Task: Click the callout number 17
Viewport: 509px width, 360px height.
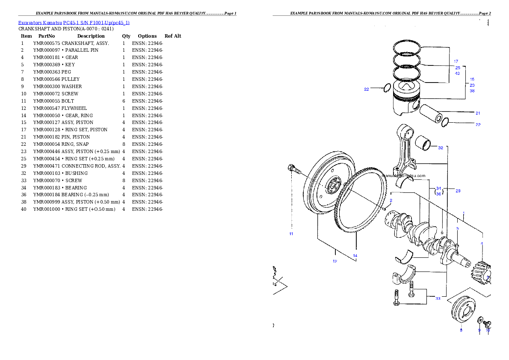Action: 456,62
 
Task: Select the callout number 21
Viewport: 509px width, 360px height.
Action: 478,113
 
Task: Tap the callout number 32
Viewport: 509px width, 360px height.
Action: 441,148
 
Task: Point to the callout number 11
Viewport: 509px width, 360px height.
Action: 291,234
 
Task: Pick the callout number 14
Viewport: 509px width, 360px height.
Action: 355,256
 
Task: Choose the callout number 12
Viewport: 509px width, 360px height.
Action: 335,261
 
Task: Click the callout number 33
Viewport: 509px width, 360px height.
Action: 438,298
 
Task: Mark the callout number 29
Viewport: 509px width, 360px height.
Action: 458,191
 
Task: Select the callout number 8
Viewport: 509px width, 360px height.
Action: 461,330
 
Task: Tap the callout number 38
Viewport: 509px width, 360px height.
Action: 472,91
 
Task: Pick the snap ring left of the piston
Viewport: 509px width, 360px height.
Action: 386,88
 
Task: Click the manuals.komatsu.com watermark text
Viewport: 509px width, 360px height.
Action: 403,176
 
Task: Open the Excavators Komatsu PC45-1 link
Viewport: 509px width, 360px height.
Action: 74,22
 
